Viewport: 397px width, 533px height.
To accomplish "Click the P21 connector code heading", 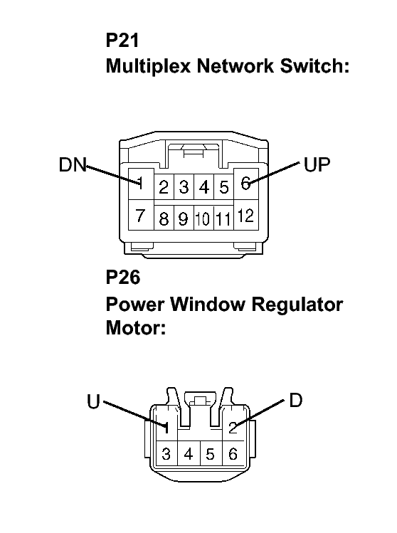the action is tap(122, 41).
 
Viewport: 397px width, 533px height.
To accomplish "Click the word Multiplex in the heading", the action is tap(148, 66).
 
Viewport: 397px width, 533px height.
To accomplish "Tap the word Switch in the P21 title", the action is tap(314, 65).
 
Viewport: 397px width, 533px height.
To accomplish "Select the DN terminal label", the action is tap(73, 164).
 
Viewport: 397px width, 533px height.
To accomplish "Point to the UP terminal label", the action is tap(317, 164).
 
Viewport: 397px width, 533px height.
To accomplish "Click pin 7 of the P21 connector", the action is tap(140, 215).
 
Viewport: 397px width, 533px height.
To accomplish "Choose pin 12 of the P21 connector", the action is tap(245, 216).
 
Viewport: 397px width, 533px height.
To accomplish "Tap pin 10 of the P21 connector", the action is tap(203, 218).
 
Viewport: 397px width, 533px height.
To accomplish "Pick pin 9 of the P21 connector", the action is tap(184, 218).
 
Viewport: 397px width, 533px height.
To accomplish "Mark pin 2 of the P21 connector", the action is tap(164, 187).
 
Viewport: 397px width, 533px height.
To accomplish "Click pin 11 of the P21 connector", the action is tap(223, 218).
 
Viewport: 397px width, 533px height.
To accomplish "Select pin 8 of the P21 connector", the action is tap(164, 218).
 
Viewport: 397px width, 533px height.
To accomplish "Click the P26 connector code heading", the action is tap(122, 278).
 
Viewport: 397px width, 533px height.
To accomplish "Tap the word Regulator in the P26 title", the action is tap(297, 305).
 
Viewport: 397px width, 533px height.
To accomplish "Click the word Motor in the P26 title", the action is tap(136, 327).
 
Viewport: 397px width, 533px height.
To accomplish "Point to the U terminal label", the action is tap(93, 401).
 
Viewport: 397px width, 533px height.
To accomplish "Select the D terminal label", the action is tap(296, 401).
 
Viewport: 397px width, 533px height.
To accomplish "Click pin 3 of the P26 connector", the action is tap(166, 454).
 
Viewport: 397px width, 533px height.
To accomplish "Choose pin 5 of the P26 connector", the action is tap(211, 454).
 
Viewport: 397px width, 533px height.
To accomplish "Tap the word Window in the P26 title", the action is tap(207, 304).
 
